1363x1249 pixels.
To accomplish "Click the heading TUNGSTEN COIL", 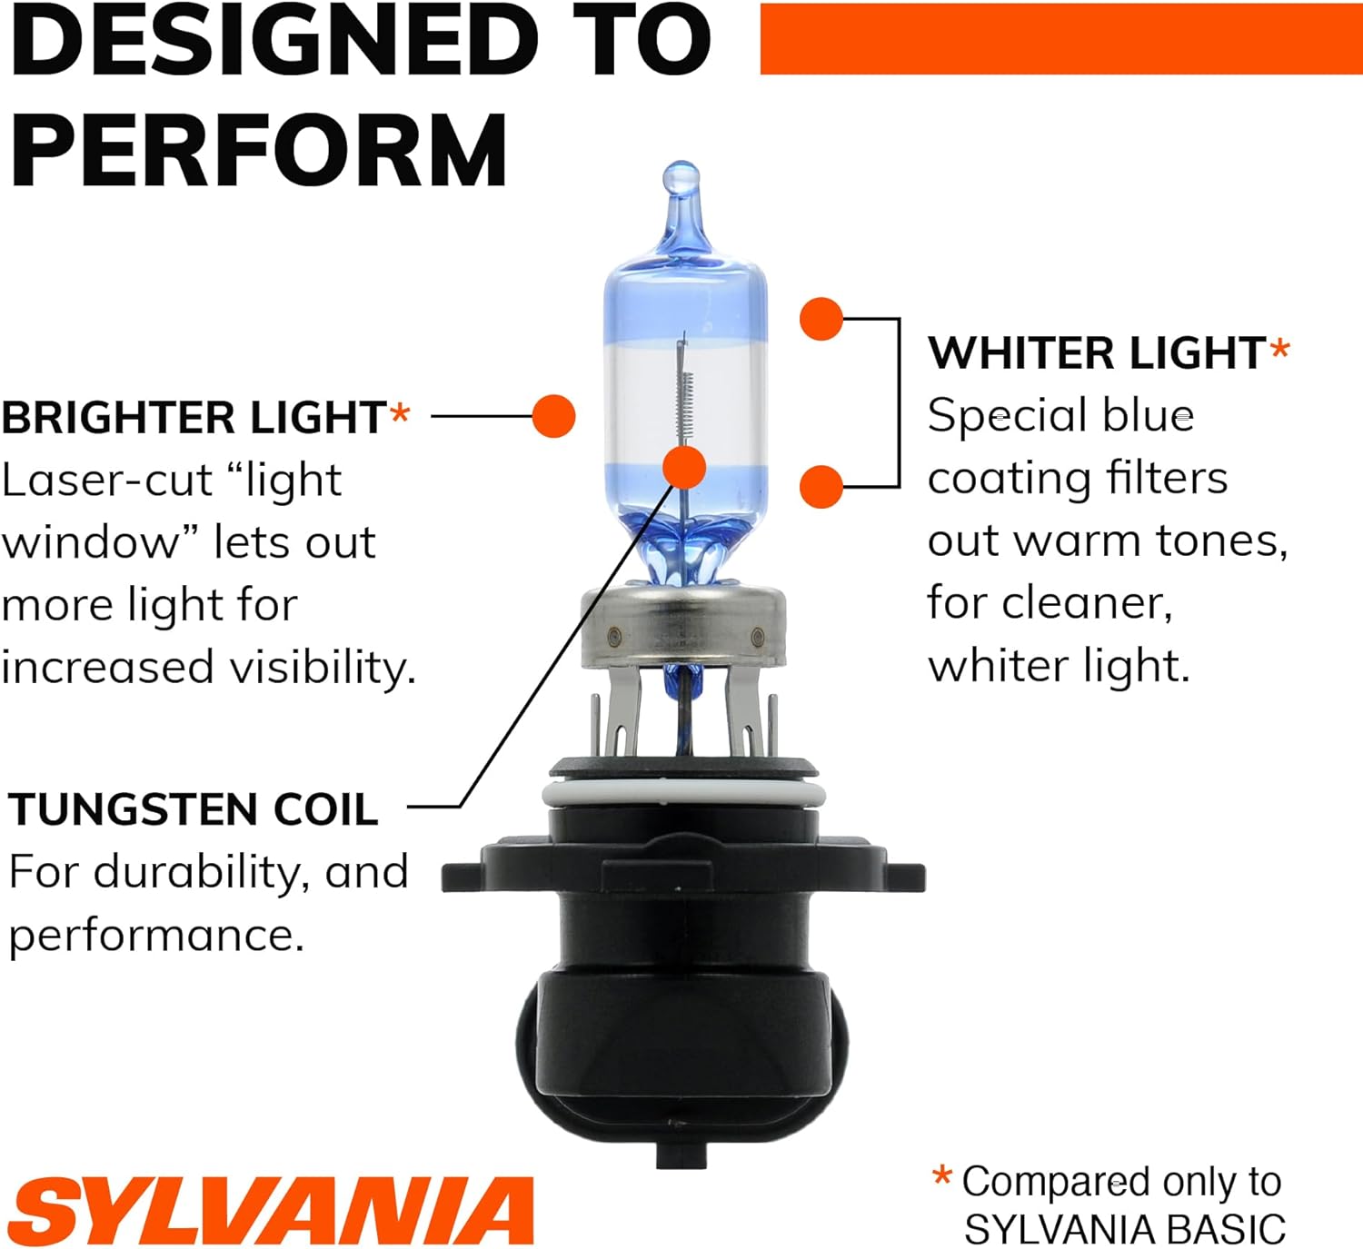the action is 193,809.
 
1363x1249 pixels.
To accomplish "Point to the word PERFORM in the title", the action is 259,150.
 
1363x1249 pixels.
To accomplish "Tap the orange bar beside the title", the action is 1061,39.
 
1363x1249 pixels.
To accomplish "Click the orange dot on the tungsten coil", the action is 684,468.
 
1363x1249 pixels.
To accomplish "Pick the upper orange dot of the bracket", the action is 821,319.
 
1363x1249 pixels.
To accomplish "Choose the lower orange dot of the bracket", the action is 821,487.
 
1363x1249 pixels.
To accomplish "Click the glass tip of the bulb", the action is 681,178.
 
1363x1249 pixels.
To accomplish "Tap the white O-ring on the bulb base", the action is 683,795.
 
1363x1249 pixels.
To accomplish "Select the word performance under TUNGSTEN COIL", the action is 156,937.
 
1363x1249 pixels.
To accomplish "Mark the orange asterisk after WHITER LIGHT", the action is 1279,350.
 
